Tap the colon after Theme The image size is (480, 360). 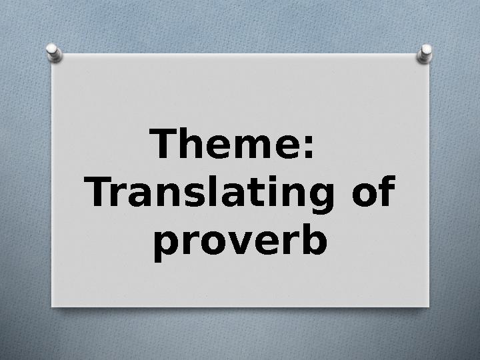pos(309,147)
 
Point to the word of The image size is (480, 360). pos(373,191)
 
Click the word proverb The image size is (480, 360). pos(240,243)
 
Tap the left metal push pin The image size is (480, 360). pos(54,53)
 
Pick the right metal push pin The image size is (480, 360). pos(425,54)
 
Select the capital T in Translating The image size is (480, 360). pos(98,191)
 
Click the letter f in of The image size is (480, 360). pos(387,191)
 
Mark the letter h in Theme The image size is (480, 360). pos(192,143)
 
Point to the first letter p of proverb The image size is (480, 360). pos(166,247)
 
